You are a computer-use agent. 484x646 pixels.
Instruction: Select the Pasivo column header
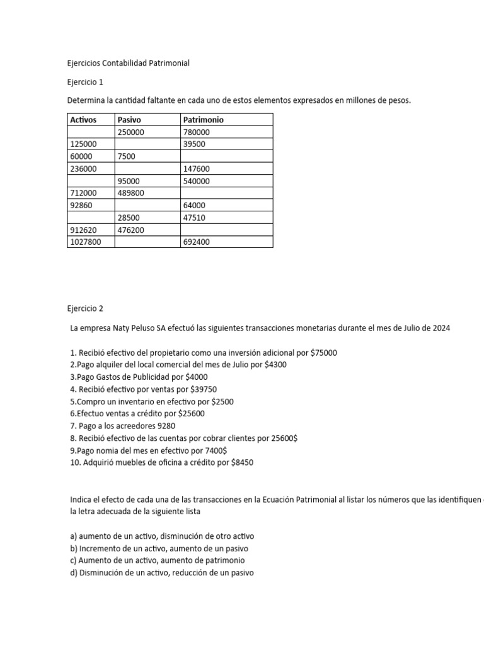pos(129,120)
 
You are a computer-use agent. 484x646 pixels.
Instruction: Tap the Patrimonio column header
pos(203,120)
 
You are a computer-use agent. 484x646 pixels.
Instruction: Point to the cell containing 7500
pos(126,156)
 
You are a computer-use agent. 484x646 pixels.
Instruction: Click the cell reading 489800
pos(131,193)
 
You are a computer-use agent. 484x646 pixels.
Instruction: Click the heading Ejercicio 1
pos(84,82)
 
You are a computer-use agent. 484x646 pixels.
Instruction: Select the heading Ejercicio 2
pos(84,308)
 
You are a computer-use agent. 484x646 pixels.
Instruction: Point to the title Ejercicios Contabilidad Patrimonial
pos(128,63)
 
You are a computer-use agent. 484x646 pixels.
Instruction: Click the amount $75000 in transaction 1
pos(324,353)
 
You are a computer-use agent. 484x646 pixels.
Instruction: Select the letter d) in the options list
pos(74,573)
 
